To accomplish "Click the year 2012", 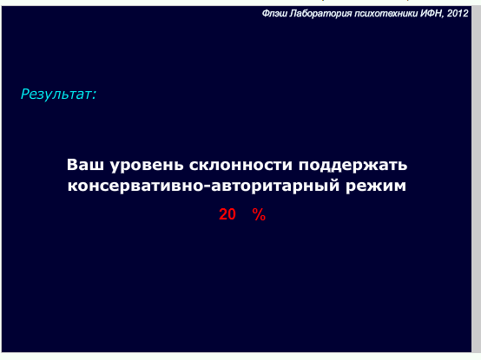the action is [458, 14].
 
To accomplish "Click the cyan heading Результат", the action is [56, 94].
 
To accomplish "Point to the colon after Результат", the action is [94, 95].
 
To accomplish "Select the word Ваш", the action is [85, 165].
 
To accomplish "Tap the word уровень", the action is [147, 166].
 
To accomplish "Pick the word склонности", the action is [240, 166].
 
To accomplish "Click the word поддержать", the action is [353, 166].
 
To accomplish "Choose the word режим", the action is [376, 187].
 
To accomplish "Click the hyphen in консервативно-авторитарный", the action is [207, 187].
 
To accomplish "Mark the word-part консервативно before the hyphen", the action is [135, 186].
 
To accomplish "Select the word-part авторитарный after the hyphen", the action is [275, 187].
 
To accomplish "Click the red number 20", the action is [227, 214].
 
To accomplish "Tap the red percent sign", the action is [259, 214].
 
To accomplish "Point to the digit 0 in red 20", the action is [232, 214].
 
